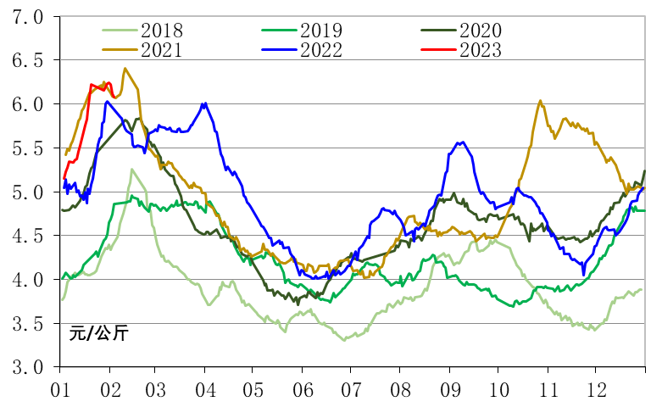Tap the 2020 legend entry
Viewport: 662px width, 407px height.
pos(480,31)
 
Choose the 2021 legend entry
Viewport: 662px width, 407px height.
pos(161,49)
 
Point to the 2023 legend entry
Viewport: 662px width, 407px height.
pos(480,49)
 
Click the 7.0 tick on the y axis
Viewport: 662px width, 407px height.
pos(26,17)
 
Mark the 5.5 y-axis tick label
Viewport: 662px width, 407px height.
pos(26,148)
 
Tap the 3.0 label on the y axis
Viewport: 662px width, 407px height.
pos(26,367)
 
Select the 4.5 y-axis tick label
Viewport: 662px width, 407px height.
pos(26,236)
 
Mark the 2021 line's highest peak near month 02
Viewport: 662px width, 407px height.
pos(125,69)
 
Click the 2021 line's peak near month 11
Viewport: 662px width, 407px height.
pos(541,101)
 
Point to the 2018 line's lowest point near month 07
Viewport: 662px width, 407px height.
pos(344,340)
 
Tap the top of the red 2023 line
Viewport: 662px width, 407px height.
pos(92,85)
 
